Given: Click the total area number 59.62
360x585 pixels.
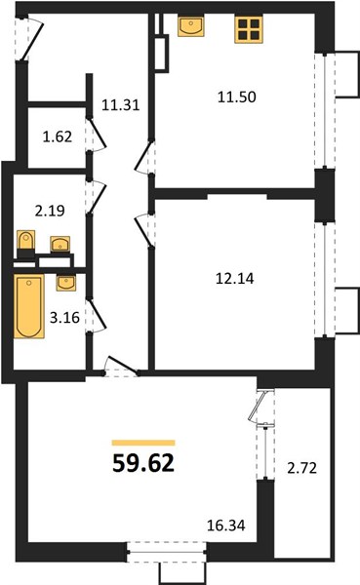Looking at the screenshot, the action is (143, 463).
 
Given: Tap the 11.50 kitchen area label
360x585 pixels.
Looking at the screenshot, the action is (237, 97).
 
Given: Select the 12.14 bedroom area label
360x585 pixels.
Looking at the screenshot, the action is (235, 279).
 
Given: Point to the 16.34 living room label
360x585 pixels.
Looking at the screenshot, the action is (226, 526).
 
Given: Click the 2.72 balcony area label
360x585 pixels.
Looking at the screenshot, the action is (302, 468).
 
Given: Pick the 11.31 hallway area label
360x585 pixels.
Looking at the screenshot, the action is (121, 105).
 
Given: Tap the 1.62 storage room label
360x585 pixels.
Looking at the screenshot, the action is (58, 136).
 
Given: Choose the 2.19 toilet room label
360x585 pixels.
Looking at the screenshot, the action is (50, 211).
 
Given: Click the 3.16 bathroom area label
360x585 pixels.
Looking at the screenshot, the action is (64, 318).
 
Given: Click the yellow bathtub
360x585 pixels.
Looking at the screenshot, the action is (28, 306).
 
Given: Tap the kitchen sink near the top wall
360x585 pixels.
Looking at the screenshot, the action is (191, 26).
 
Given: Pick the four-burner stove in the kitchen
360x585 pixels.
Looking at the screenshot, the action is (249, 29).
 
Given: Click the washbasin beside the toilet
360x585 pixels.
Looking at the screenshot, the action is (60, 244).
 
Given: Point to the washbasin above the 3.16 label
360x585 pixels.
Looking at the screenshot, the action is (65, 283).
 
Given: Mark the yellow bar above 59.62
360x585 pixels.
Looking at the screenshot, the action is (143, 443).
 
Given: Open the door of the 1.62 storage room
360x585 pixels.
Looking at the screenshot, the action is (98, 136).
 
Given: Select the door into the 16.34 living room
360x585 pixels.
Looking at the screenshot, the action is (120, 367).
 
